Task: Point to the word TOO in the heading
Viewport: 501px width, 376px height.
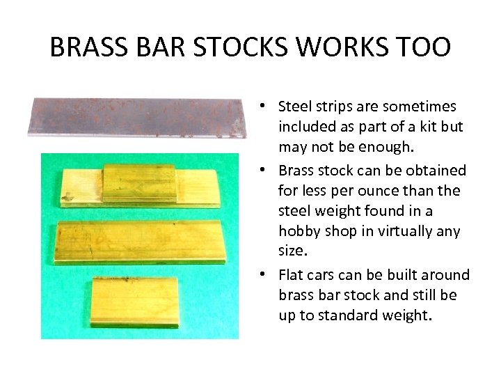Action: pos(424,47)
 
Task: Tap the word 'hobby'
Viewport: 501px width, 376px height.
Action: pos(298,231)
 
